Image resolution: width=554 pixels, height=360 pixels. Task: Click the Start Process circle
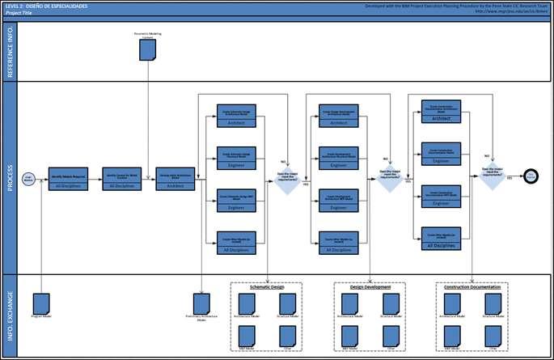[x=28, y=179]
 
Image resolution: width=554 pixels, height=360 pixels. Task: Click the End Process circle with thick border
[x=531, y=176]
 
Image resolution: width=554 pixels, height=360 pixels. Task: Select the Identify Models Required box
[x=69, y=178]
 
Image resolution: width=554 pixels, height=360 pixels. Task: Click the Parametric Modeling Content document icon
[x=147, y=49]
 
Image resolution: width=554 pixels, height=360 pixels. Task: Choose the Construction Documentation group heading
[x=473, y=287]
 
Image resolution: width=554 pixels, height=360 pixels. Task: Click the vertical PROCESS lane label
[x=10, y=177]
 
